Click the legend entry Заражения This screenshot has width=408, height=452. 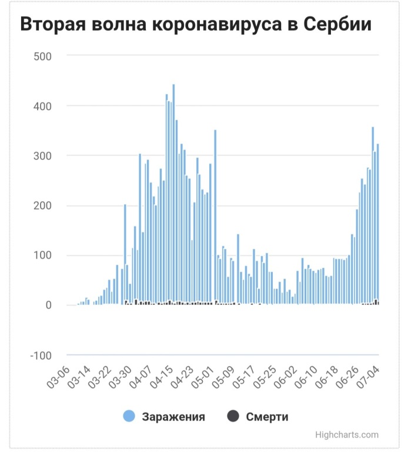(x=173, y=417)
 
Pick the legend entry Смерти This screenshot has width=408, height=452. (x=267, y=417)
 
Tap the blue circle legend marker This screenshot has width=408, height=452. (x=129, y=417)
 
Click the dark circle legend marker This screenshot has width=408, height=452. (x=233, y=417)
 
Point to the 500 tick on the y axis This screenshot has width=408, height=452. (x=42, y=56)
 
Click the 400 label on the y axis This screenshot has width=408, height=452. (x=42, y=107)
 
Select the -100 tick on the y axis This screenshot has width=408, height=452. (x=41, y=355)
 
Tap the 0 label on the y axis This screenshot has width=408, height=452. (x=49, y=305)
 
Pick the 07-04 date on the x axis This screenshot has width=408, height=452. (x=368, y=378)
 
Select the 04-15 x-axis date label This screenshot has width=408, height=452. (x=162, y=378)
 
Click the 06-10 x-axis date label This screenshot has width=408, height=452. (x=306, y=378)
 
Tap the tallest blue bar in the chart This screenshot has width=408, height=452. (x=173, y=194)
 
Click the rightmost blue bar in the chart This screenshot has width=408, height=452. (x=378, y=224)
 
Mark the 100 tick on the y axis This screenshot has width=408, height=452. (x=42, y=256)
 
